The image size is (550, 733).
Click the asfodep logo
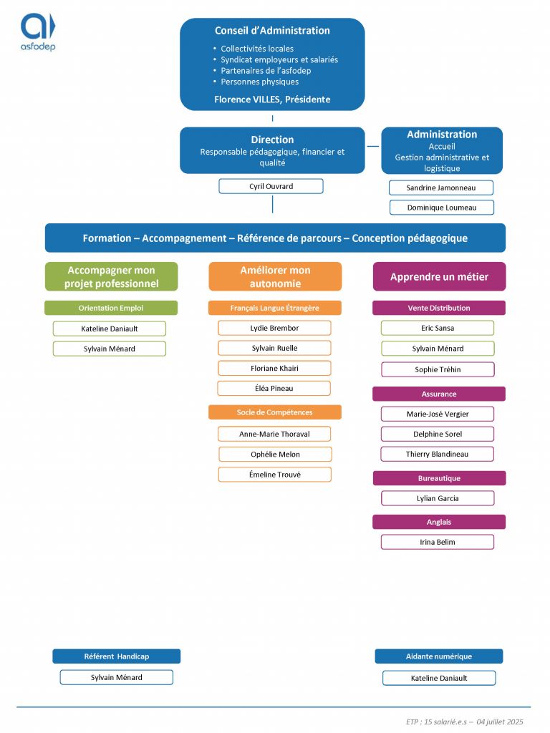(x=38, y=31)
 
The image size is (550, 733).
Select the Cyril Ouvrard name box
(x=271, y=186)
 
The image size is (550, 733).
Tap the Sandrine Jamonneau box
(x=441, y=188)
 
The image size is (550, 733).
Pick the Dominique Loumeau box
(x=441, y=208)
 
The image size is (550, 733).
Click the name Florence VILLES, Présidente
(x=272, y=99)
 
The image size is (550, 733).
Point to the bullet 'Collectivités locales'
(x=257, y=49)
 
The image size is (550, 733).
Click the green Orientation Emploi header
(x=111, y=308)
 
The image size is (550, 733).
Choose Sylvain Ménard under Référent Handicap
(x=117, y=677)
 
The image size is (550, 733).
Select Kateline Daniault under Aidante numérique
(x=439, y=678)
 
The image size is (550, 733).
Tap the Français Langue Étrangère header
(x=274, y=308)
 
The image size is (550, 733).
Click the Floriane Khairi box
(x=274, y=369)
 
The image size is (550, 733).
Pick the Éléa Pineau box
(x=274, y=389)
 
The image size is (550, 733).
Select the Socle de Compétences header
(x=274, y=412)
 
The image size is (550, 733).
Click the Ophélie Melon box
(x=275, y=455)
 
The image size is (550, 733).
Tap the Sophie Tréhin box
(x=438, y=369)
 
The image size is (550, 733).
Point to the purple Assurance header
(x=439, y=394)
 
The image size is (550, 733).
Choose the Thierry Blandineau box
(x=438, y=454)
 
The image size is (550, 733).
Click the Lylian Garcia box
(x=438, y=498)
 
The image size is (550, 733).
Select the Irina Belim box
(x=438, y=542)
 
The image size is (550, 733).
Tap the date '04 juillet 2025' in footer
(x=500, y=722)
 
